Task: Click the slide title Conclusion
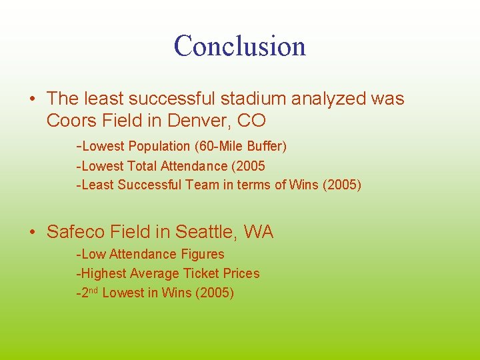point(240,46)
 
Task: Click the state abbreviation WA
point(259,232)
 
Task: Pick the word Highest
point(105,273)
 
